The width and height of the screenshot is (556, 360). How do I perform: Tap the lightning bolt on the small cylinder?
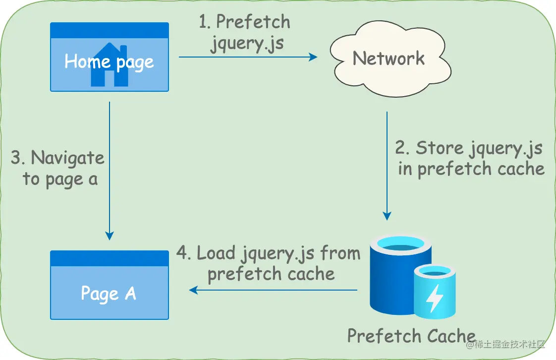coord(435,298)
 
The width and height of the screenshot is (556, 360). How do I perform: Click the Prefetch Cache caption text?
coord(411,336)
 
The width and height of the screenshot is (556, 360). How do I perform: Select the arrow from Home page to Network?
coord(248,57)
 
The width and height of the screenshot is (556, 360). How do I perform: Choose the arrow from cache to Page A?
coord(273,290)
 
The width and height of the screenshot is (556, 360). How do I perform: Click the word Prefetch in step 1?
coord(253,22)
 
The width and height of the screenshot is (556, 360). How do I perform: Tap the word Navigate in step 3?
coord(68,158)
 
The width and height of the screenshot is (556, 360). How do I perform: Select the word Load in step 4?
coord(216,253)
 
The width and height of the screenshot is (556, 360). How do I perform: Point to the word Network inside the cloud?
coord(389,59)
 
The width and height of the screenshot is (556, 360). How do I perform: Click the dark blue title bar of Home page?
coord(110,30)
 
